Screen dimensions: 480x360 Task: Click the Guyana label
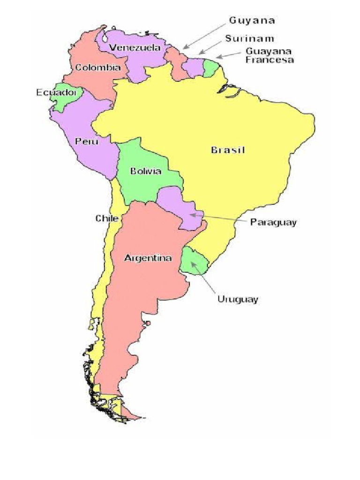point(252,21)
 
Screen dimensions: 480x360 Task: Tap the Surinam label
point(249,38)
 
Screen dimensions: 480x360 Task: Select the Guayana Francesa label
point(270,55)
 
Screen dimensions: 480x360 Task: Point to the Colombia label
point(98,67)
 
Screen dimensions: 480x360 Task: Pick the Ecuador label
point(56,93)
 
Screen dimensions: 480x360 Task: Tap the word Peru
point(86,141)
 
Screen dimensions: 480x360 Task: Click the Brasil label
point(228,150)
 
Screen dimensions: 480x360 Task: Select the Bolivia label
point(146,171)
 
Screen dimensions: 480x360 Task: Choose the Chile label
point(107,218)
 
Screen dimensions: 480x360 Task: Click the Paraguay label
point(273,222)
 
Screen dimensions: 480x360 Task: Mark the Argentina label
point(148,258)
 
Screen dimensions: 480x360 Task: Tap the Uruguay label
point(238,299)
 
